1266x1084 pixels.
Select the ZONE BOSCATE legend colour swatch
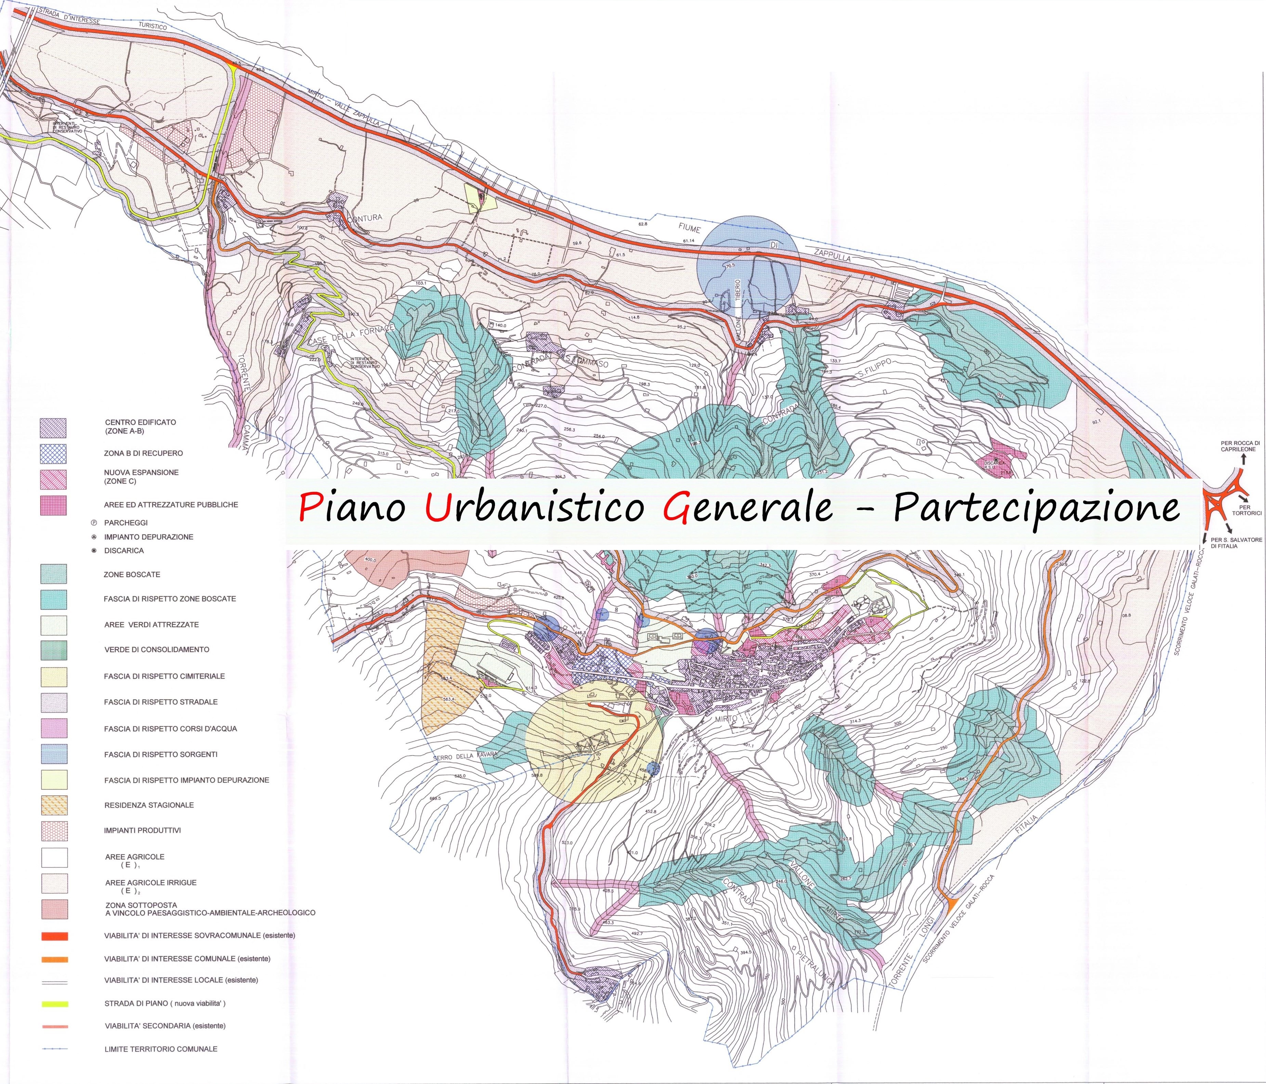point(54,574)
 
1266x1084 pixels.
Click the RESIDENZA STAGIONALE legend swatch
point(54,805)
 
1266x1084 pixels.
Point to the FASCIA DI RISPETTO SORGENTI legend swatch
point(54,754)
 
